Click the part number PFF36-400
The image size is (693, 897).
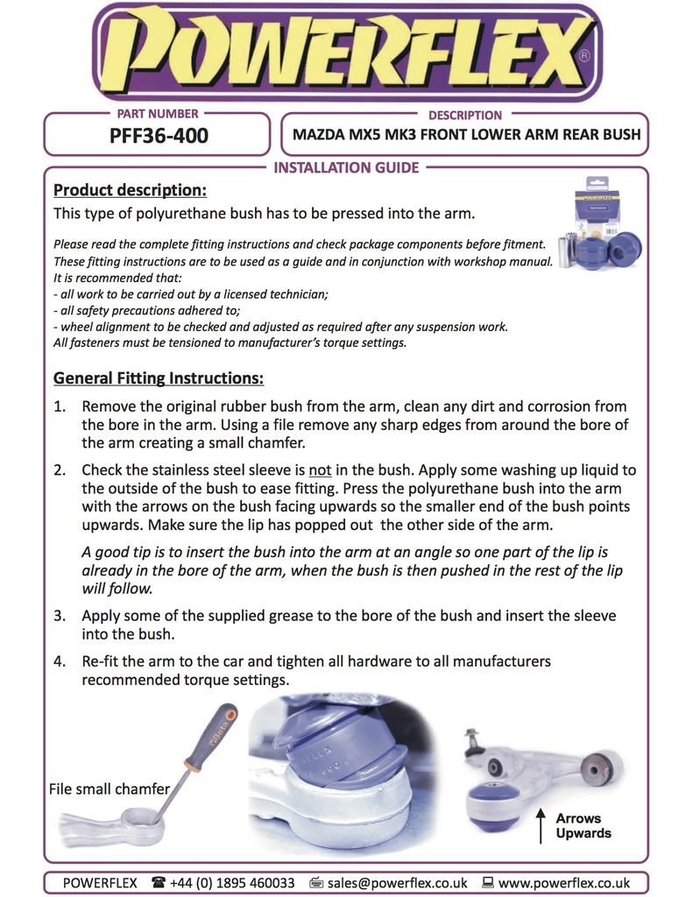(x=158, y=137)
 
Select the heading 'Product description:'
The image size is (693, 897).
(x=130, y=190)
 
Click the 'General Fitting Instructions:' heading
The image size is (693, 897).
(x=159, y=378)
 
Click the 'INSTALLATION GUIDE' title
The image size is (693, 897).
(x=346, y=167)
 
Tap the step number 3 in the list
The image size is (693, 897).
(x=60, y=616)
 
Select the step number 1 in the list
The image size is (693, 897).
(x=60, y=407)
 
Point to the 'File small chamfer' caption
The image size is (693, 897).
(x=109, y=789)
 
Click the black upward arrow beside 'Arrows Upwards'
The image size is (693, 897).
(x=540, y=825)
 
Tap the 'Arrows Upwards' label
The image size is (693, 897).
(x=583, y=825)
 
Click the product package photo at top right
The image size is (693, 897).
(x=601, y=227)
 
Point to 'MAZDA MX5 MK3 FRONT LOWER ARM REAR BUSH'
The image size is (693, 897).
(x=466, y=136)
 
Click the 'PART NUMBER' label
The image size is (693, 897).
(x=158, y=114)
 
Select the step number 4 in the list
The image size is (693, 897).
(x=60, y=661)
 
